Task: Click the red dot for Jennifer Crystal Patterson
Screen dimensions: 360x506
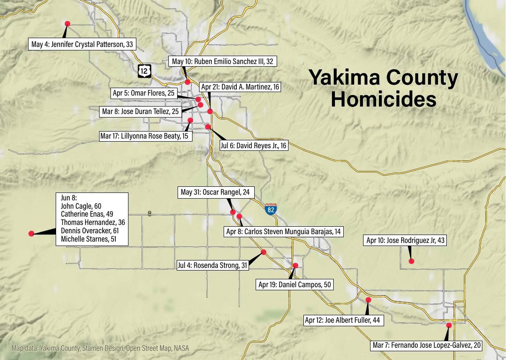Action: point(67,24)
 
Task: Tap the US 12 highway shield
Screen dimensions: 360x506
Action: point(145,70)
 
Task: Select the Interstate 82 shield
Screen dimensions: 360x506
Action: point(271,209)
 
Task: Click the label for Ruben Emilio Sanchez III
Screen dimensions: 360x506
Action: point(222,61)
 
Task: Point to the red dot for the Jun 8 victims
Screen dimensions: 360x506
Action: point(31,234)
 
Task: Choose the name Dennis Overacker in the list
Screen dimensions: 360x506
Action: point(89,231)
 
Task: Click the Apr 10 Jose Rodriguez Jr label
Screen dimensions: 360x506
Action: point(405,240)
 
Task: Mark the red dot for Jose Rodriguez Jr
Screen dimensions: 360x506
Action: point(411,261)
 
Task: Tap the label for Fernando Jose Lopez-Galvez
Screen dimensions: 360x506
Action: point(426,345)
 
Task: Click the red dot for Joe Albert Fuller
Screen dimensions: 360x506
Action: point(368,300)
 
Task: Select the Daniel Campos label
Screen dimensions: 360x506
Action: point(295,285)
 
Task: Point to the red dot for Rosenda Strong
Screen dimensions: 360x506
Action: point(264,252)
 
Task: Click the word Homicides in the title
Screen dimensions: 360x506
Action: point(383,99)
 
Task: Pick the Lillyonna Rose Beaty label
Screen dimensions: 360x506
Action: point(144,136)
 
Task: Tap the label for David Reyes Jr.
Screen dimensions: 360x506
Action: point(253,146)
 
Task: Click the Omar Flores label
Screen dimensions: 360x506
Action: point(143,93)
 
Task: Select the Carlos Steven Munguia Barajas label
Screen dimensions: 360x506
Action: point(283,232)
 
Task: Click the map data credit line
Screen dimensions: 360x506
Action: point(100,348)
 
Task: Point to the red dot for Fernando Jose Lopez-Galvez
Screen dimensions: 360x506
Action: point(449,325)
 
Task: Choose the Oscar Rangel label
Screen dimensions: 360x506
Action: point(215,192)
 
